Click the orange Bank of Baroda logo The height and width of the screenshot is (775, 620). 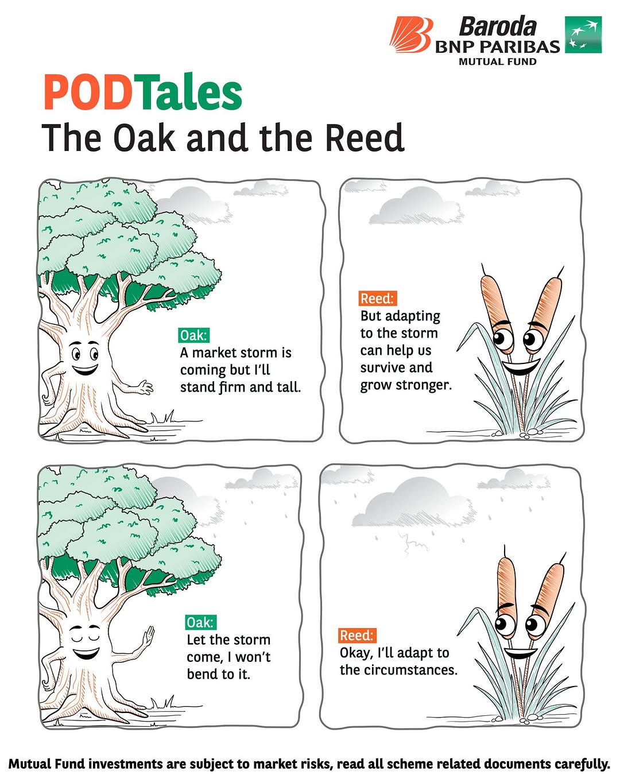click(410, 34)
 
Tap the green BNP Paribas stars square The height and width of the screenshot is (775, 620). click(583, 34)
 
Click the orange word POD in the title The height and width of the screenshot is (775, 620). click(87, 92)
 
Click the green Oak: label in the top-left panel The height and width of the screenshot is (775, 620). click(193, 335)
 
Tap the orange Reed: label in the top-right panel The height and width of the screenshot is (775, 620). click(378, 298)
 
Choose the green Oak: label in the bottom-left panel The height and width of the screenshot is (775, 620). click(201, 622)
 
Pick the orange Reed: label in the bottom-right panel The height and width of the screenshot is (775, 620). click(356, 635)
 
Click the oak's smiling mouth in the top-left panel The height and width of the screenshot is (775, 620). click(85, 370)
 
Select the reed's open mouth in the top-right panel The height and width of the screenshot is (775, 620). click(521, 367)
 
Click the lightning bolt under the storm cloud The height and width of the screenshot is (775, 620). click(412, 545)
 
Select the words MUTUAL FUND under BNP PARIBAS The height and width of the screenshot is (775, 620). click(498, 61)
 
